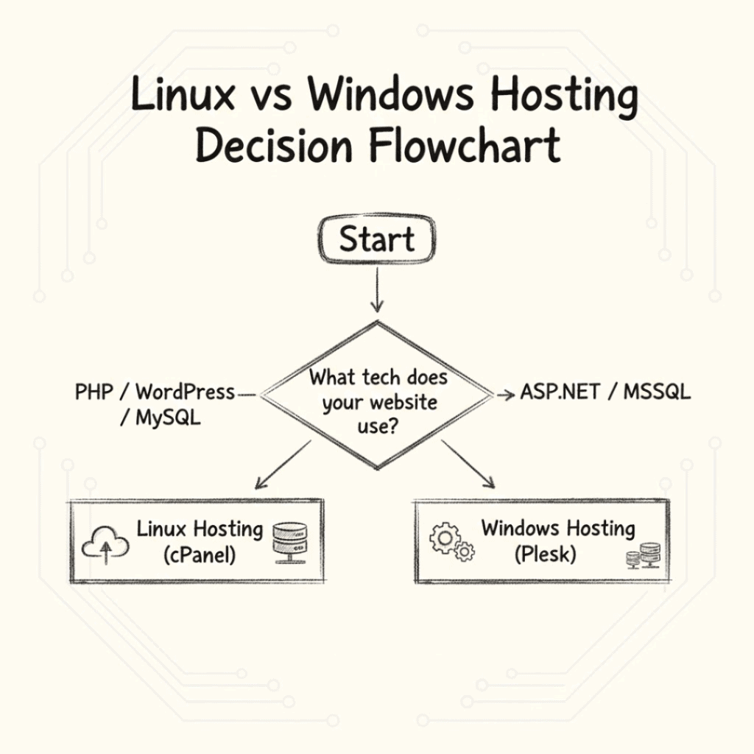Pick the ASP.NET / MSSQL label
click(605, 392)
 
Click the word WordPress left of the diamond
click(185, 392)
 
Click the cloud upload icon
click(105, 546)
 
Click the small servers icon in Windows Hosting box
click(643, 556)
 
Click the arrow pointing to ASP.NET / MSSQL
click(504, 395)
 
